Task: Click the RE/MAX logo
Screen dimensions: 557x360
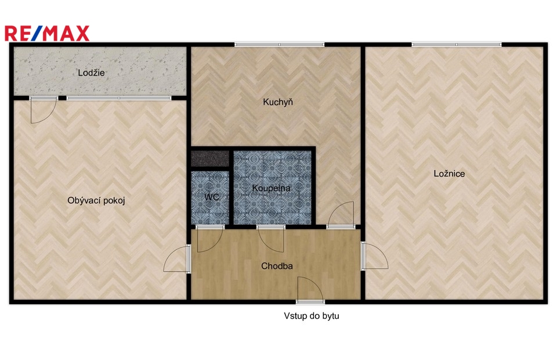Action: tap(47, 34)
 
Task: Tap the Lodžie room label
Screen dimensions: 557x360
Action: tap(91, 73)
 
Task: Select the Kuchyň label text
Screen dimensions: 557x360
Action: tap(278, 102)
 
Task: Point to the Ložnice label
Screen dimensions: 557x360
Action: tap(449, 174)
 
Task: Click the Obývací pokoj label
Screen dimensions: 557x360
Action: tap(96, 200)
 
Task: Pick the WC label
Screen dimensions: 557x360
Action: tap(212, 197)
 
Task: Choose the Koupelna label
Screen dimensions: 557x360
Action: tap(271, 188)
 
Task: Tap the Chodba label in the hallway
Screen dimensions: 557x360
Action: tap(277, 266)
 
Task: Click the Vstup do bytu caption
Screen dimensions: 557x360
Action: tap(311, 315)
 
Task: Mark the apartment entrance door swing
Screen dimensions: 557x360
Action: tap(310, 290)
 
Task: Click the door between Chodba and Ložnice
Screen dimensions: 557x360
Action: tap(375, 256)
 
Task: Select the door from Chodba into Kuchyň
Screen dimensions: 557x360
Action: tap(341, 214)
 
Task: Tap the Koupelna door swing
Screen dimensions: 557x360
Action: tap(271, 239)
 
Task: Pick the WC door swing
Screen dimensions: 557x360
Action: tap(209, 239)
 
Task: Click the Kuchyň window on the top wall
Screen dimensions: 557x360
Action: tap(279, 45)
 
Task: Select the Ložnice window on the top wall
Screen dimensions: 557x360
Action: tap(457, 45)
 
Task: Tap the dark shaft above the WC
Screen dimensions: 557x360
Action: tap(210, 159)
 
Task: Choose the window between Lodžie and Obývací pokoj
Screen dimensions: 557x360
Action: tap(118, 98)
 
